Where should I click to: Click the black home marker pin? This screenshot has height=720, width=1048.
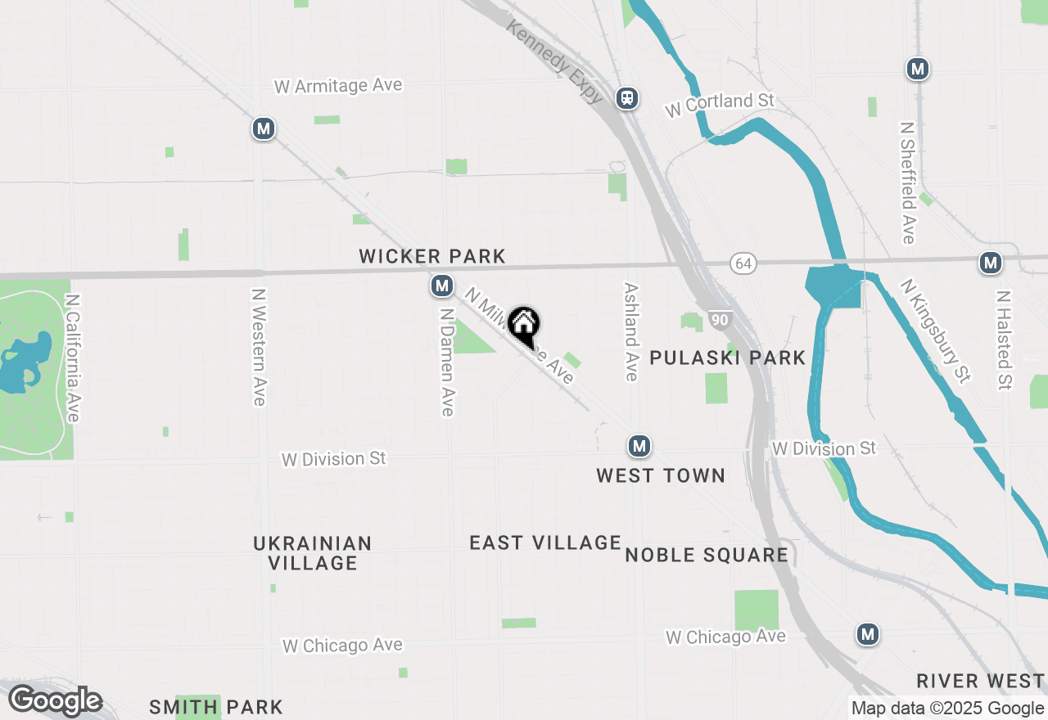523,325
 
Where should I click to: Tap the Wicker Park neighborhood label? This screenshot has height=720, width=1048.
432,257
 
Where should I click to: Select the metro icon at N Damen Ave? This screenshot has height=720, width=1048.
442,286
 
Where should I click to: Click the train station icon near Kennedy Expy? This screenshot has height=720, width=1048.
628,98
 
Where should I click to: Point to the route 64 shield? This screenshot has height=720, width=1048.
743,263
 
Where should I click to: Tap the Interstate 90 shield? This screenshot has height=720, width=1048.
720,320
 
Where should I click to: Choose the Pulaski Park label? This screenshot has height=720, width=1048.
727,358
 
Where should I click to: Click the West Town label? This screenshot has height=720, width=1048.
661,475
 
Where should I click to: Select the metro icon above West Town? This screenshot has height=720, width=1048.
639,446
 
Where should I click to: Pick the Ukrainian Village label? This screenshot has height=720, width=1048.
313,553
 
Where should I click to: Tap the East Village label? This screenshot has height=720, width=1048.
545,542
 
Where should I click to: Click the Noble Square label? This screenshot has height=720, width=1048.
707,556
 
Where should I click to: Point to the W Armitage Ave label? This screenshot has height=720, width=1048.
338,86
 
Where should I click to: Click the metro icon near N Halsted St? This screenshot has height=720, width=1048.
991,263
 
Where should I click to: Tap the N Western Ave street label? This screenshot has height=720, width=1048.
259,347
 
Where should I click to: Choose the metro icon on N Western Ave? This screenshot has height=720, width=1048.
263,128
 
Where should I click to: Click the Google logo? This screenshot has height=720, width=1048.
55,701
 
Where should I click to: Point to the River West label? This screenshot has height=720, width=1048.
980,681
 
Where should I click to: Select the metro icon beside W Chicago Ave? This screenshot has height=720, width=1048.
868,633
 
